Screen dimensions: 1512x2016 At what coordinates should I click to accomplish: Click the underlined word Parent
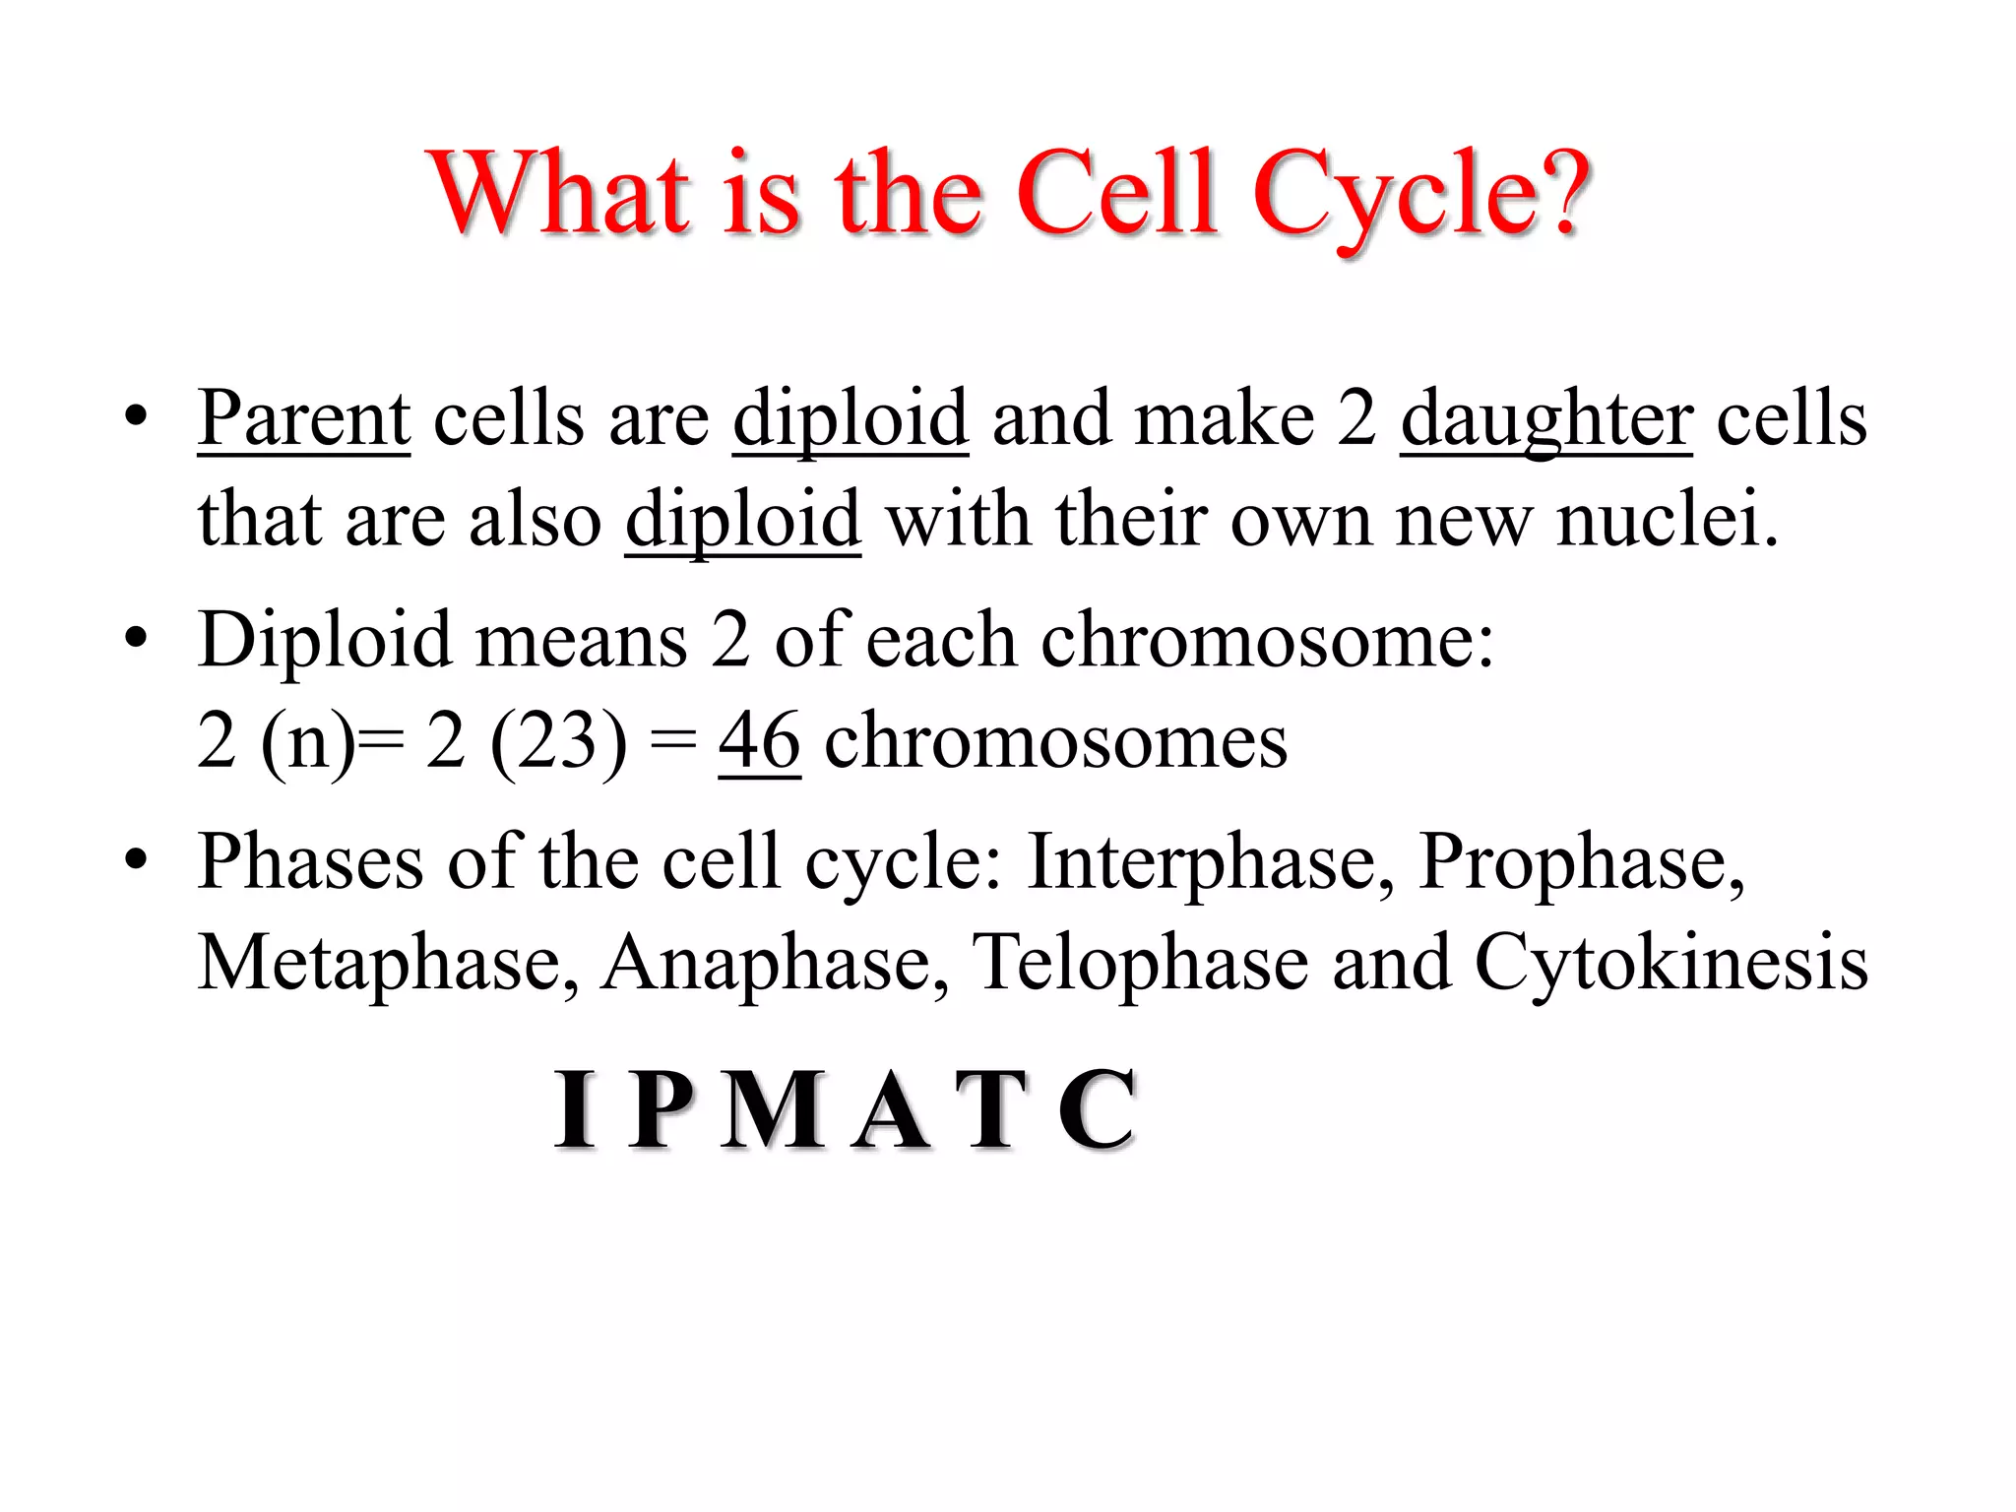click(303, 419)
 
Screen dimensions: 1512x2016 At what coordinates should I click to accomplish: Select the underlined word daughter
click(1545, 419)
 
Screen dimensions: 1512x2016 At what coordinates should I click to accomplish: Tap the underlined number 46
click(759, 740)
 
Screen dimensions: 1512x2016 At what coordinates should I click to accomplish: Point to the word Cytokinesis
click(1670, 964)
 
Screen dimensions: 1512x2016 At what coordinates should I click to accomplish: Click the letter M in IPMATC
click(773, 1109)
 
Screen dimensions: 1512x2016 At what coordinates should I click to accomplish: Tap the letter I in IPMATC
click(575, 1109)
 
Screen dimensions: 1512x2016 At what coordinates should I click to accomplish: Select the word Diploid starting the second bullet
click(325, 641)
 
